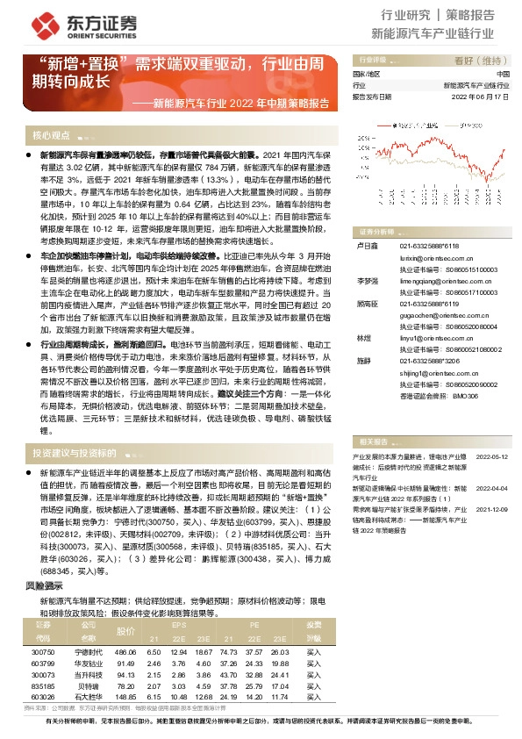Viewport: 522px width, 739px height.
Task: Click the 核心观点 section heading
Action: click(51, 136)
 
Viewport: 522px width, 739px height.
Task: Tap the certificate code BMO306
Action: click(465, 396)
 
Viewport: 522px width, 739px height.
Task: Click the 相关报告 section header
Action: click(375, 441)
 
